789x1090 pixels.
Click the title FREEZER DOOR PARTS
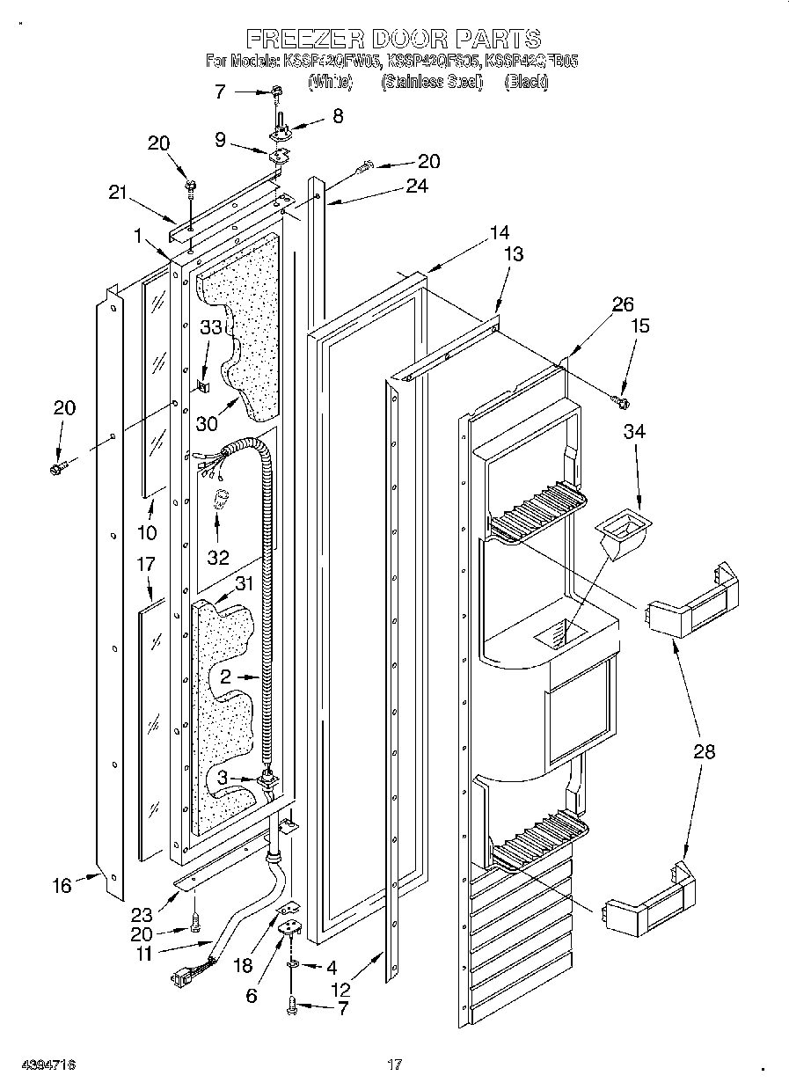pyautogui.click(x=393, y=39)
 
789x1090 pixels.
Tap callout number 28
pyautogui.click(x=704, y=751)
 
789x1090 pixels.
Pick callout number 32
pyautogui.click(x=217, y=556)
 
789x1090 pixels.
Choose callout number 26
pyautogui.click(x=622, y=305)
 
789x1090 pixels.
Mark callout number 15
pyautogui.click(x=640, y=326)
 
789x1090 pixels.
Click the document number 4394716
pyautogui.click(x=42, y=1064)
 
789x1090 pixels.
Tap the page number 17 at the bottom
pyautogui.click(x=395, y=1064)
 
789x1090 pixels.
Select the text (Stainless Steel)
pyautogui.click(x=431, y=82)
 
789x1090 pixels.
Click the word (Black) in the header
pyautogui.click(x=526, y=82)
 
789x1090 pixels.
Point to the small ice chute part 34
pyautogui.click(x=625, y=535)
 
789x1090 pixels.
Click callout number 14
pyautogui.click(x=500, y=233)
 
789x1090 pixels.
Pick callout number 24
pyautogui.click(x=416, y=186)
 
